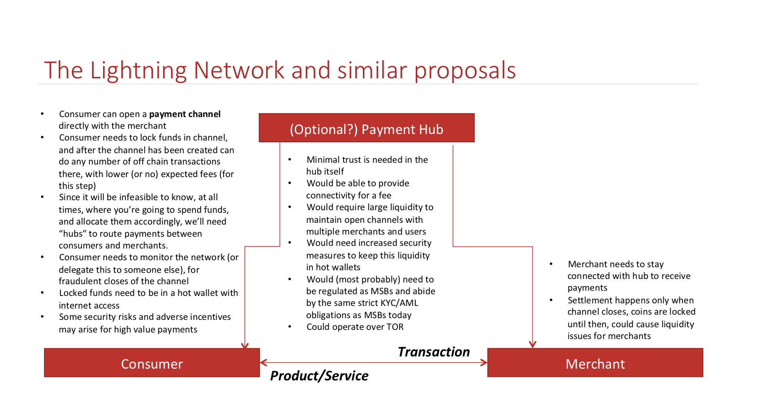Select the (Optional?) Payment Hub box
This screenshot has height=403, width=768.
tap(366, 128)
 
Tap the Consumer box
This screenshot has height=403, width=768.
tap(152, 363)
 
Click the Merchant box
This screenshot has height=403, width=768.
tap(595, 363)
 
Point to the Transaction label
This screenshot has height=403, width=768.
tap(434, 352)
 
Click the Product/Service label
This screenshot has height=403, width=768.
tap(319, 376)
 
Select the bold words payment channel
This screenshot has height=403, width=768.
tap(185, 114)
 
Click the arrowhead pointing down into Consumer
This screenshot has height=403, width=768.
tap(245, 346)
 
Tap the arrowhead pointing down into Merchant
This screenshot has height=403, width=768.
tap(532, 345)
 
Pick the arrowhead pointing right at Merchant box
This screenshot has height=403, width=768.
tap(484, 363)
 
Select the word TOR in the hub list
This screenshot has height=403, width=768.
tap(395, 327)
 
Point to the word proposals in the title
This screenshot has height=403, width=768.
tap(465, 71)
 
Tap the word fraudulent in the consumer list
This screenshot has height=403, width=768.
tap(81, 281)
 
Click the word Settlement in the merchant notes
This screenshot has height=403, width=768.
tap(588, 300)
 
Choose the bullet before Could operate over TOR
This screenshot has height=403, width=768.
tap(290, 327)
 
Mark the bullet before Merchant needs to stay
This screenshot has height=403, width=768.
tap(551, 264)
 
